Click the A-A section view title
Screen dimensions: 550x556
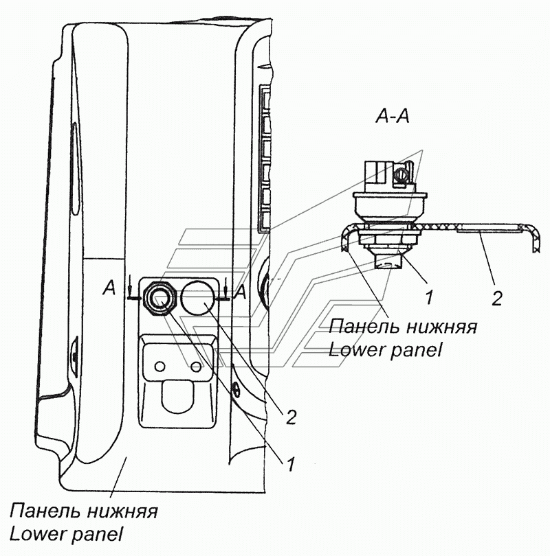click(x=393, y=116)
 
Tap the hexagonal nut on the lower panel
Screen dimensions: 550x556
click(x=159, y=299)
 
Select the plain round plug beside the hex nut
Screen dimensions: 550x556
click(x=198, y=298)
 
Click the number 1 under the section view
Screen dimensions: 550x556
click(x=429, y=297)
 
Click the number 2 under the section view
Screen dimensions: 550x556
click(x=497, y=299)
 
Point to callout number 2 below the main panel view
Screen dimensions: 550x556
click(x=291, y=417)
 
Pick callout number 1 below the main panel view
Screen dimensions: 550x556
click(x=291, y=464)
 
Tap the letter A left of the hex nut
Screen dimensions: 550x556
click(x=109, y=288)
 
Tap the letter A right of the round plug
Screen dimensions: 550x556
click(x=241, y=292)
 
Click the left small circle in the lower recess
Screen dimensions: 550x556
click(x=160, y=367)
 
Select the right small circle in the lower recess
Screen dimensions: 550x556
click(x=196, y=367)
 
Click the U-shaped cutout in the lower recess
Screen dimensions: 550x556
click(x=177, y=396)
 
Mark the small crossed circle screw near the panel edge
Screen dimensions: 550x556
click(x=235, y=391)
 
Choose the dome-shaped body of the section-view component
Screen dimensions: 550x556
click(x=390, y=207)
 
